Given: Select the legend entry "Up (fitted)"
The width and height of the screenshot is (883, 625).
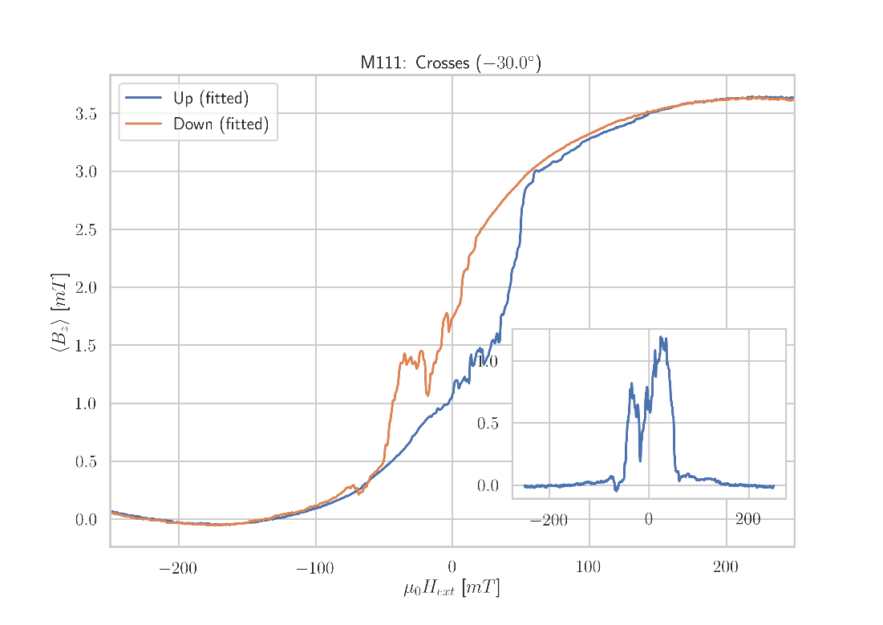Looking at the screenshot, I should click(x=210, y=99).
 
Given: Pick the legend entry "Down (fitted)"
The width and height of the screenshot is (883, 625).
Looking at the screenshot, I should click(x=220, y=124).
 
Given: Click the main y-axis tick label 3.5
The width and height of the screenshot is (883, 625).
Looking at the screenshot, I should click(x=86, y=114).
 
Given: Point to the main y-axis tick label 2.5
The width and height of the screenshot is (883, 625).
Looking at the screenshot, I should click(x=86, y=230).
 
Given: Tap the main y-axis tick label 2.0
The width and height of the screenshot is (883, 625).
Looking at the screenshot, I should click(x=86, y=288).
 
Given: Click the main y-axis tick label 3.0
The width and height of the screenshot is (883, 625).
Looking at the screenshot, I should click(x=86, y=172).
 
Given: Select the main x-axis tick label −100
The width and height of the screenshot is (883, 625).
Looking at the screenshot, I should click(x=314, y=569).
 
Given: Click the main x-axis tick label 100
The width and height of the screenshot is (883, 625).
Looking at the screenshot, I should click(x=589, y=569).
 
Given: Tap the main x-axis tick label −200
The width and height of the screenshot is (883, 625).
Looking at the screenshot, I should click(x=178, y=569).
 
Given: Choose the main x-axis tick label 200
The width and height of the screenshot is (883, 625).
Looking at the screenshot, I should click(x=726, y=569).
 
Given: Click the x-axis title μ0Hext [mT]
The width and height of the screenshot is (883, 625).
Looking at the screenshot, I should click(x=452, y=589).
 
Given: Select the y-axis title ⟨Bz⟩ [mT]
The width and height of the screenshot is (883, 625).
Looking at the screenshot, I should click(x=59, y=312).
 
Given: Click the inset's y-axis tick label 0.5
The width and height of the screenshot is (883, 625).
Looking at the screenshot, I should click(x=488, y=424).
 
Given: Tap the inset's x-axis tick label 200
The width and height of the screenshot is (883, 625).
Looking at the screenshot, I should click(x=747, y=520).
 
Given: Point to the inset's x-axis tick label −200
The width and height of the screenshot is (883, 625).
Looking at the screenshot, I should click(x=549, y=520).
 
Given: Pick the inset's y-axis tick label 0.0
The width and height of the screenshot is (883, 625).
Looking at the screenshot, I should click(x=488, y=486).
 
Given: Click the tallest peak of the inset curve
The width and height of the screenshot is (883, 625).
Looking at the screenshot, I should click(x=661, y=337).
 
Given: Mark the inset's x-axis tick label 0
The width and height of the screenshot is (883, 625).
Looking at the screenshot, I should click(x=649, y=520).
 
